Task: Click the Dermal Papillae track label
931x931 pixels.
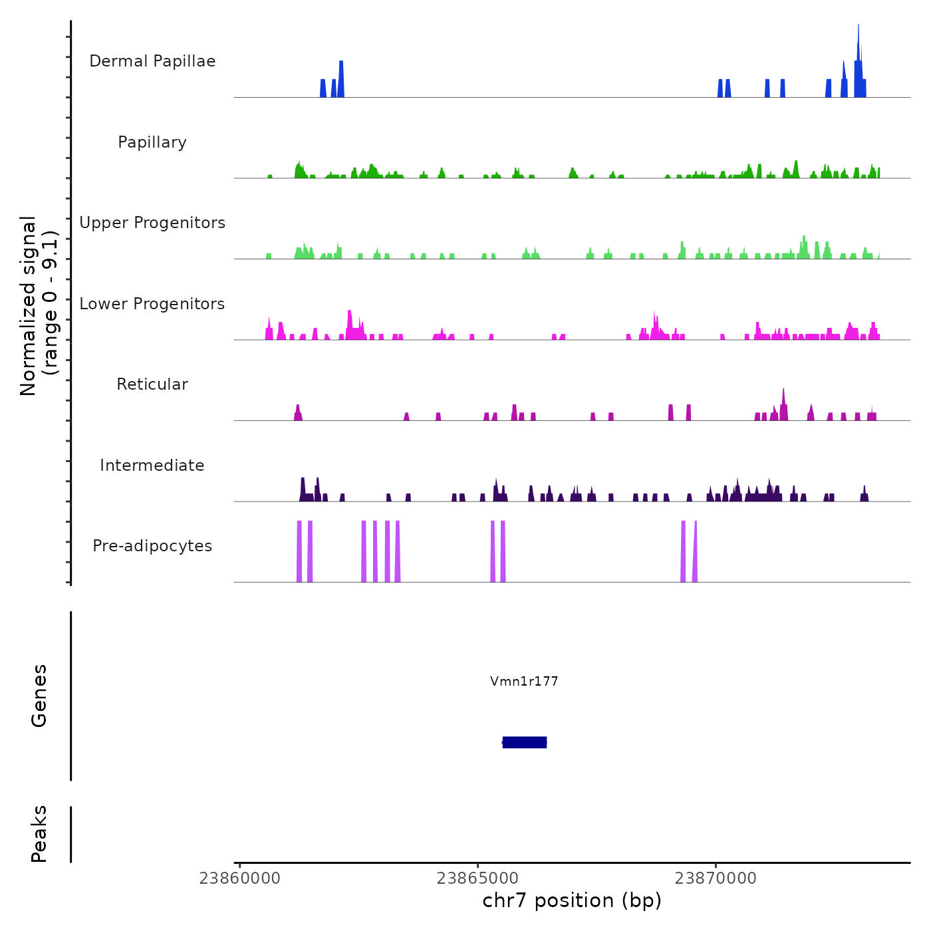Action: (152, 61)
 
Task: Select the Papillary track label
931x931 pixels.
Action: (152, 142)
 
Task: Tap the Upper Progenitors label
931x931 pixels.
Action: (152, 223)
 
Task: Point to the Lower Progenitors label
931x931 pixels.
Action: (152, 304)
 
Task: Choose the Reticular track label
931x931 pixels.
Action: (152, 384)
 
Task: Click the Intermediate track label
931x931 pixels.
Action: (152, 465)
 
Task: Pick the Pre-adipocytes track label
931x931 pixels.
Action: (152, 546)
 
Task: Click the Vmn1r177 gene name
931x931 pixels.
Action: (524, 681)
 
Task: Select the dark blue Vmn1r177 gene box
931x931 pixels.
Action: (525, 742)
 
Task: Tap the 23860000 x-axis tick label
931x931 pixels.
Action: (240, 878)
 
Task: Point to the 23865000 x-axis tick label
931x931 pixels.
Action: (477, 878)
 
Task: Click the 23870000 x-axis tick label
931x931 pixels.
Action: (716, 878)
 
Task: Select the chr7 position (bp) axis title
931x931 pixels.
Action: (572, 900)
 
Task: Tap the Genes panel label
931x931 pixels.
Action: (39, 696)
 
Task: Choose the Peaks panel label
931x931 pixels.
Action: (39, 834)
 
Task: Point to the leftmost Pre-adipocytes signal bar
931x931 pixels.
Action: (299, 552)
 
